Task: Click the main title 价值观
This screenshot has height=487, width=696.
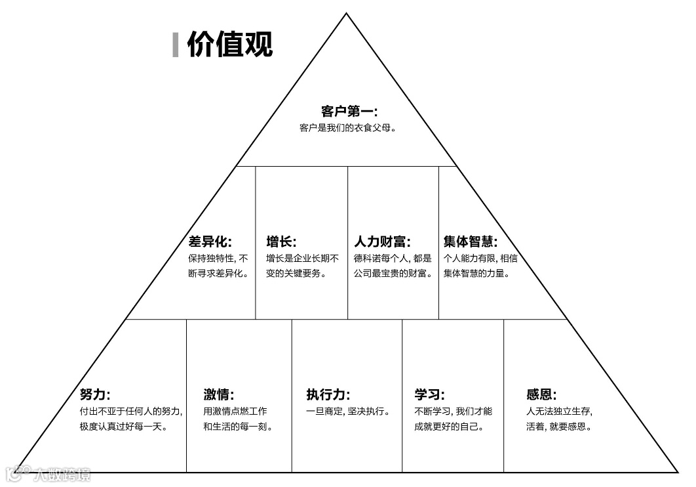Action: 229,45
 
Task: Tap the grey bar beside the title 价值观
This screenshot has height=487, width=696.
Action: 176,45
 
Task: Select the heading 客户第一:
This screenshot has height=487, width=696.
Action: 349,111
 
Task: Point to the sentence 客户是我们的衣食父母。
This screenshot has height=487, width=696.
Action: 348,127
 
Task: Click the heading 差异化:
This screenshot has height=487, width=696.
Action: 210,242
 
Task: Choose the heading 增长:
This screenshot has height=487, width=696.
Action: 281,242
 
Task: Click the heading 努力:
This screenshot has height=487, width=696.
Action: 95,394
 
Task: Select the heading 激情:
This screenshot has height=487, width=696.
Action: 218,394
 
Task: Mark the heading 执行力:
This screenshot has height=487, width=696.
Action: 328,394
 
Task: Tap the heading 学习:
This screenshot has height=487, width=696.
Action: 429,394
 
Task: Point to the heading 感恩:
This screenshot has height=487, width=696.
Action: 541,394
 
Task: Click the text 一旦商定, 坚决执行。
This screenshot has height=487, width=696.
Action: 348,412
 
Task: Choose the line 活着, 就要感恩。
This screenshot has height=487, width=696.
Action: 559,427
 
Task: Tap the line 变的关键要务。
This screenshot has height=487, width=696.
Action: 296,274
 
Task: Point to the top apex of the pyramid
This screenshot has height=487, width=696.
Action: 347,14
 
